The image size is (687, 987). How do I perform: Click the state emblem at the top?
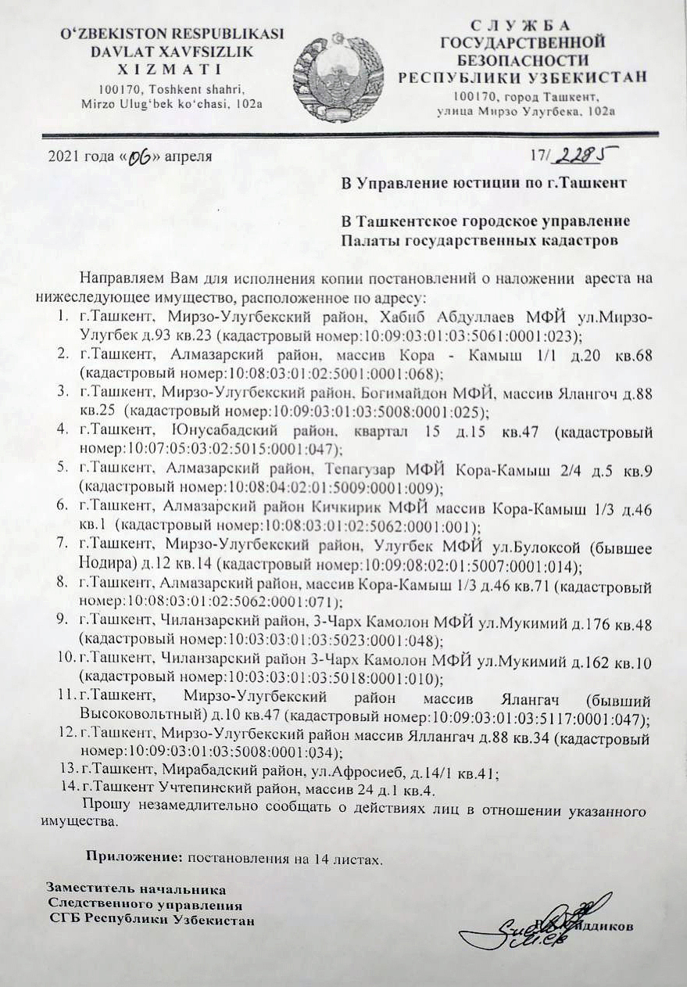tap(338, 77)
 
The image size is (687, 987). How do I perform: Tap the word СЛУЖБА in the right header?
tap(523, 25)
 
